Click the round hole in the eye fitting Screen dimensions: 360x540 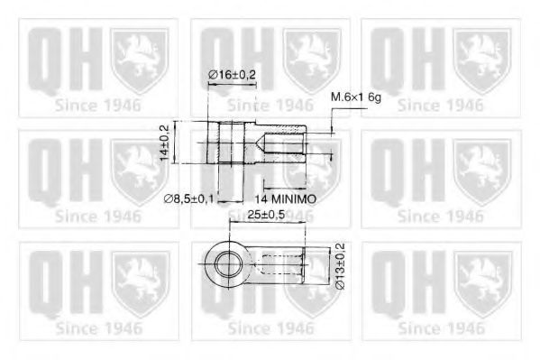pos(222,263)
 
